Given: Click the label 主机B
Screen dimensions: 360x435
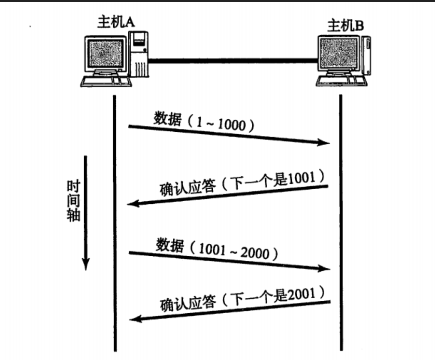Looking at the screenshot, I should pos(345,26).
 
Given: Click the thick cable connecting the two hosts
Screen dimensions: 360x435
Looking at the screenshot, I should pos(232,61).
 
